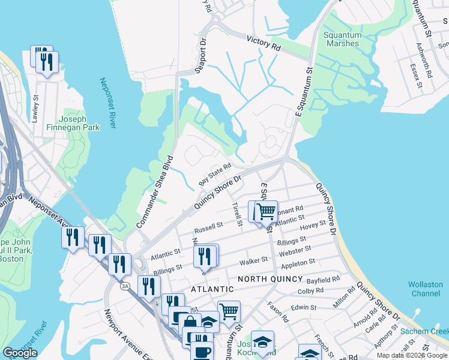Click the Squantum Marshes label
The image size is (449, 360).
tap(342, 39)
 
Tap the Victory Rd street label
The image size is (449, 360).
tap(264, 43)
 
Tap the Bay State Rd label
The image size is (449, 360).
tap(215, 173)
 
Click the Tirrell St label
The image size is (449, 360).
tap(237, 214)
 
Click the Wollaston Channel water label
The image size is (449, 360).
tap(426, 289)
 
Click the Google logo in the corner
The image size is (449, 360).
tap(20, 353)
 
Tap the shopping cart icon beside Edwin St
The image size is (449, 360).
tap(229, 311)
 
